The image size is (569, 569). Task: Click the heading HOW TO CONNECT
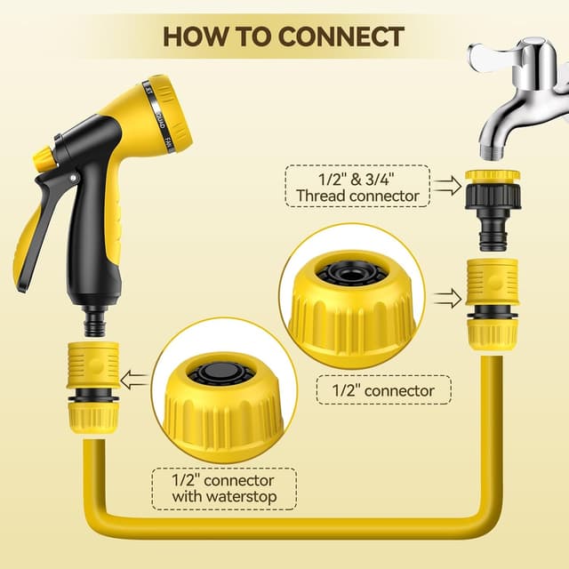[x=284, y=36]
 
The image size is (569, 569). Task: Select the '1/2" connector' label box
[x=384, y=390]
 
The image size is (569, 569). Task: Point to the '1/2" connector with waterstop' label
[x=223, y=488]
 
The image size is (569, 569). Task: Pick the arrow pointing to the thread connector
[x=450, y=186]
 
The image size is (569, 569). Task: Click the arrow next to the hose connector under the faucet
[x=450, y=297]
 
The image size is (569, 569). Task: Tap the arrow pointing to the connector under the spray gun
[x=136, y=381]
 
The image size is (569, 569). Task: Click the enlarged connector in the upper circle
[x=351, y=298]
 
